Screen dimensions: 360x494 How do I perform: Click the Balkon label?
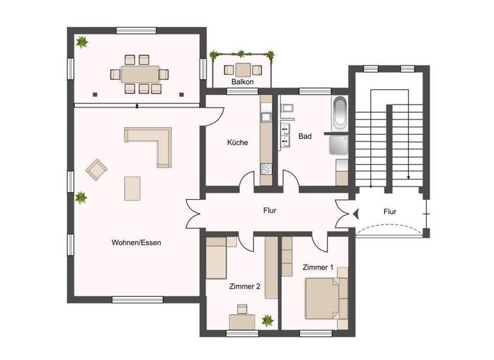click(x=242, y=82)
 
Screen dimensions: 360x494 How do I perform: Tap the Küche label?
click(x=237, y=143)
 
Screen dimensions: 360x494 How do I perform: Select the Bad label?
click(x=305, y=136)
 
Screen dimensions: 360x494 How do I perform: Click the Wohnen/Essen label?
click(x=136, y=243)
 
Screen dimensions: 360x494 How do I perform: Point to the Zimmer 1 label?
click(x=318, y=267)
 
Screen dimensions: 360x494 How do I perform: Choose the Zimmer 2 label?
click(x=244, y=287)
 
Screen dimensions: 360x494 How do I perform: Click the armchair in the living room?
click(x=97, y=170)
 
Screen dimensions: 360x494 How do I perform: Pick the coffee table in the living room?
click(x=133, y=188)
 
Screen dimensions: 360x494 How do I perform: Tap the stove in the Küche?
click(x=266, y=169)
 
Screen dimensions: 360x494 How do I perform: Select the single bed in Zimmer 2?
click(x=222, y=257)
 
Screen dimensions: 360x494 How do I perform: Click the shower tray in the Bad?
click(x=339, y=145)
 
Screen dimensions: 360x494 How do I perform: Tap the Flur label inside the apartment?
click(x=270, y=210)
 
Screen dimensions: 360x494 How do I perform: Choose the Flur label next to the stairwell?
click(x=390, y=212)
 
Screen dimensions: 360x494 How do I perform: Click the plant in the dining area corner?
click(x=82, y=43)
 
